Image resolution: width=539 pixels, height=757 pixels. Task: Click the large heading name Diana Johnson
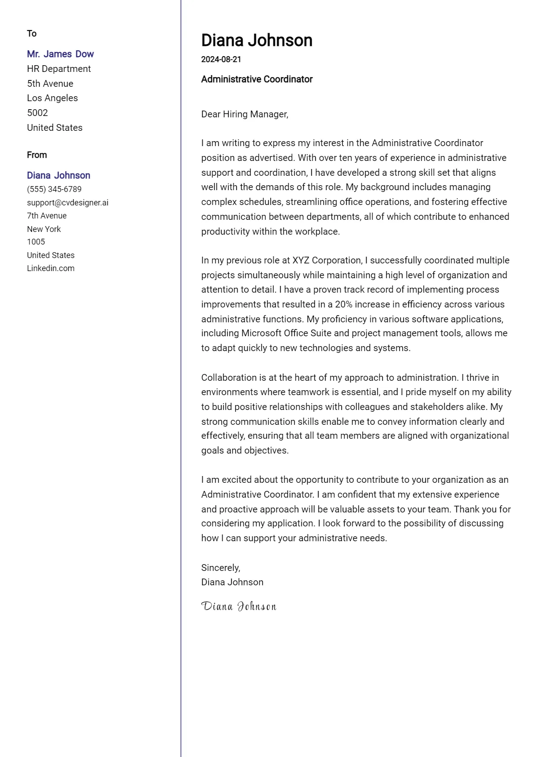click(256, 40)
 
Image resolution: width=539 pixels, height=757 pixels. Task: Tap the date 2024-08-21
click(221, 59)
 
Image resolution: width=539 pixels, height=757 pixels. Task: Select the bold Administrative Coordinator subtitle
click(256, 79)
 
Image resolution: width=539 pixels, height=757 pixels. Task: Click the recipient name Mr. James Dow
click(60, 54)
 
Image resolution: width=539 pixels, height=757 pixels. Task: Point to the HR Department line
click(59, 69)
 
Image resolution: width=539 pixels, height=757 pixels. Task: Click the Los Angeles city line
click(52, 98)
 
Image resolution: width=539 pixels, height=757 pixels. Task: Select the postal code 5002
click(37, 113)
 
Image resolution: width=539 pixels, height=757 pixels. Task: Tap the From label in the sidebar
click(37, 155)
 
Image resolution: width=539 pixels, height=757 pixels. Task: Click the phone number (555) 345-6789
click(54, 189)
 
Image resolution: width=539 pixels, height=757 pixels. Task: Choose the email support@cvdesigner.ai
click(67, 203)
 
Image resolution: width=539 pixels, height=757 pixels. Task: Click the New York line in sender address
click(44, 229)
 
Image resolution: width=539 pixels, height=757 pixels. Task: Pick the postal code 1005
click(36, 242)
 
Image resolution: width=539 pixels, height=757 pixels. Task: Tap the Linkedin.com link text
click(51, 268)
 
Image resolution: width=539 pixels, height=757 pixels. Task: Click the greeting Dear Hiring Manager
click(244, 114)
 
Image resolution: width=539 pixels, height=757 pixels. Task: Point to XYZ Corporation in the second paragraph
click(327, 260)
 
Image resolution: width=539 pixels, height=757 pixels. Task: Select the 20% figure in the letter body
click(344, 304)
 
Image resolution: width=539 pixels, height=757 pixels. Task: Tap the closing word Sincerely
click(221, 568)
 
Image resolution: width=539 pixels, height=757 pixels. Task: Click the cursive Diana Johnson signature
click(239, 606)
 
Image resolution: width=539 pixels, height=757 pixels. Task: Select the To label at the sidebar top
click(31, 34)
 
